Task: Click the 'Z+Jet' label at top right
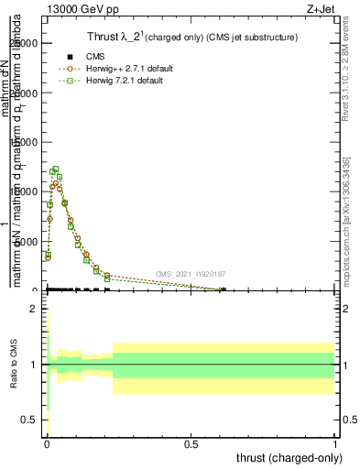pos(321,7)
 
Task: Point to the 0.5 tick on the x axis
pos(191,442)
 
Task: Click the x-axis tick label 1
pos(335,442)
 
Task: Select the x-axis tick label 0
pos(47,442)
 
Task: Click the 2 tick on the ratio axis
pos(34,309)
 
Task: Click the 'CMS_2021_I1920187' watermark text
pos(190,274)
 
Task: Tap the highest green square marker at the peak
pos(55,169)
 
